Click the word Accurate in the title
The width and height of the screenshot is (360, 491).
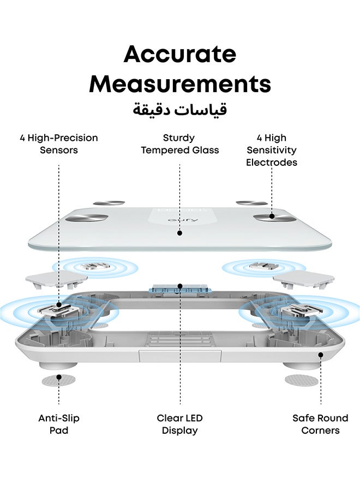(179, 54)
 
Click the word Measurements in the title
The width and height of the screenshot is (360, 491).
(180, 83)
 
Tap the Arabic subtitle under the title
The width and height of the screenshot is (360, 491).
(179, 110)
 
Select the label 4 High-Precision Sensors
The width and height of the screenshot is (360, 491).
(59, 143)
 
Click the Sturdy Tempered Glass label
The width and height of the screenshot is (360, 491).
(179, 143)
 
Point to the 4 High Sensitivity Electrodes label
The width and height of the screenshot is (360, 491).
(272, 150)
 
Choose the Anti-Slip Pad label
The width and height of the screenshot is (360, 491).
(59, 424)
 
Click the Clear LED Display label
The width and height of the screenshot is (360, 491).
(179, 424)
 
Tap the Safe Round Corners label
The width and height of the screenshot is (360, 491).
(320, 424)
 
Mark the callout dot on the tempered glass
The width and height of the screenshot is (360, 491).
(179, 233)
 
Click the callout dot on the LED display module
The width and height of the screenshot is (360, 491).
(180, 286)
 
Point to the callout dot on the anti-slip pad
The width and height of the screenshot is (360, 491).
(59, 376)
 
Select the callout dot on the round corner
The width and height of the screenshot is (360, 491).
(321, 355)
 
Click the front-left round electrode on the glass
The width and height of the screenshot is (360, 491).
(86, 218)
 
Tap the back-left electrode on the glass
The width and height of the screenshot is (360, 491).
(109, 203)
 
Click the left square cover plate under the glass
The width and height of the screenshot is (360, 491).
(56, 279)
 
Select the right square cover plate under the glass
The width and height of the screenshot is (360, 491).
(304, 280)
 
